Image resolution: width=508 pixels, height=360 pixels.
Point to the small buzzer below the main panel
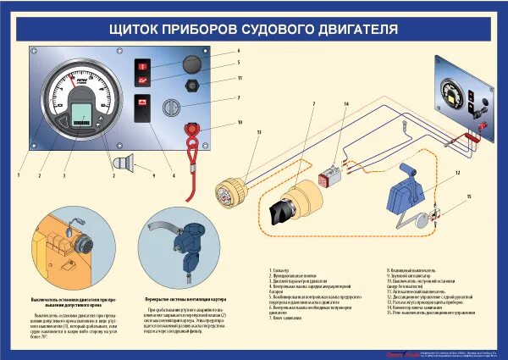[x=124, y=162]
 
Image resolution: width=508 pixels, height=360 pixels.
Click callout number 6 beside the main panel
[x=240, y=52]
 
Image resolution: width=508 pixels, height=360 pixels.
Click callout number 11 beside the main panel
[x=240, y=78]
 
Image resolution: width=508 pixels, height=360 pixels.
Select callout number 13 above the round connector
[x=258, y=133]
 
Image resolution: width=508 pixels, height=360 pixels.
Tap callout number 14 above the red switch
[x=345, y=104]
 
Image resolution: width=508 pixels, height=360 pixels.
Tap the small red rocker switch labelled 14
[x=329, y=179]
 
